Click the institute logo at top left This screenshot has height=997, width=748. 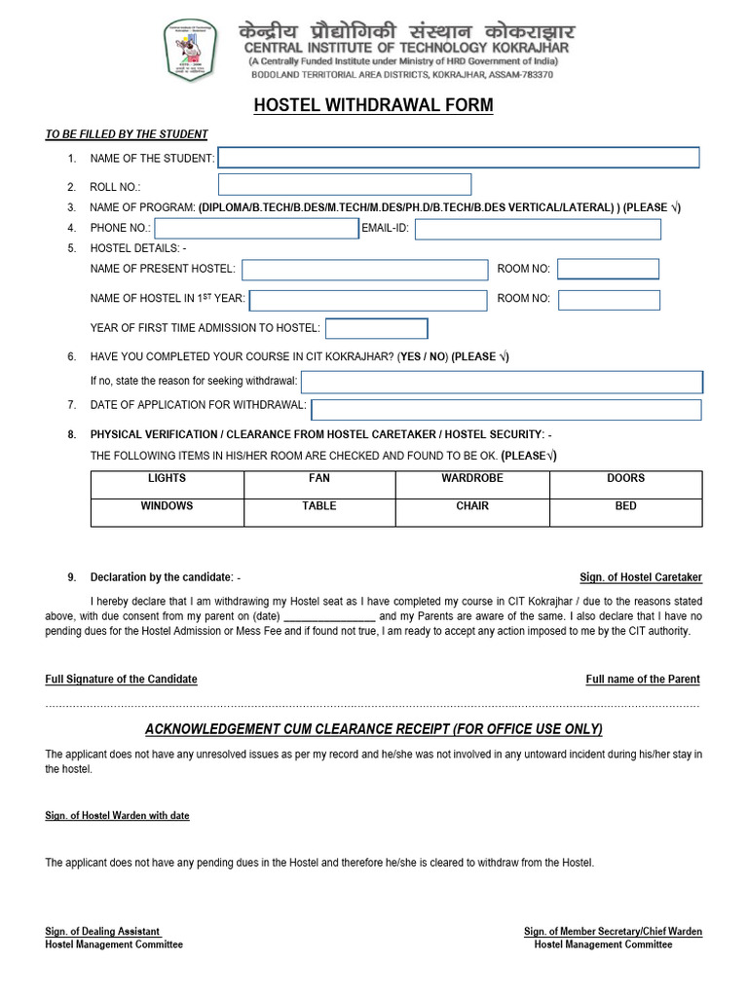pos(191,49)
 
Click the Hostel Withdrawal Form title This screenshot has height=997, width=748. pos(373,105)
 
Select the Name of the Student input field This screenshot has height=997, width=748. pos(459,158)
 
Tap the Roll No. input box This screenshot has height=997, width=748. pos(345,184)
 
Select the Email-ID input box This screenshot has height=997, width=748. pos(538,229)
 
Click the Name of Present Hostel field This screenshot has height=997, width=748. pos(365,270)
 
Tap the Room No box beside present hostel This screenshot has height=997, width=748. pos(608,269)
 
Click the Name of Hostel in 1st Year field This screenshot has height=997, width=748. pos(368,300)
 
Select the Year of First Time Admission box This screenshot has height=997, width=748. pos(376,329)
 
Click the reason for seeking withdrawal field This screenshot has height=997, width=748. pos(501,382)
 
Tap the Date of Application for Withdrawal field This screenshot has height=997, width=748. pos(505,409)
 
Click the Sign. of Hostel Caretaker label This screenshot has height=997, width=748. pos(640,577)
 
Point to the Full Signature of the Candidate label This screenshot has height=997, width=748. pos(122,679)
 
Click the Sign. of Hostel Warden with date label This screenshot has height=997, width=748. pos(117,815)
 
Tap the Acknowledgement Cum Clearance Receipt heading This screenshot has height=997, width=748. pos(373,729)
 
